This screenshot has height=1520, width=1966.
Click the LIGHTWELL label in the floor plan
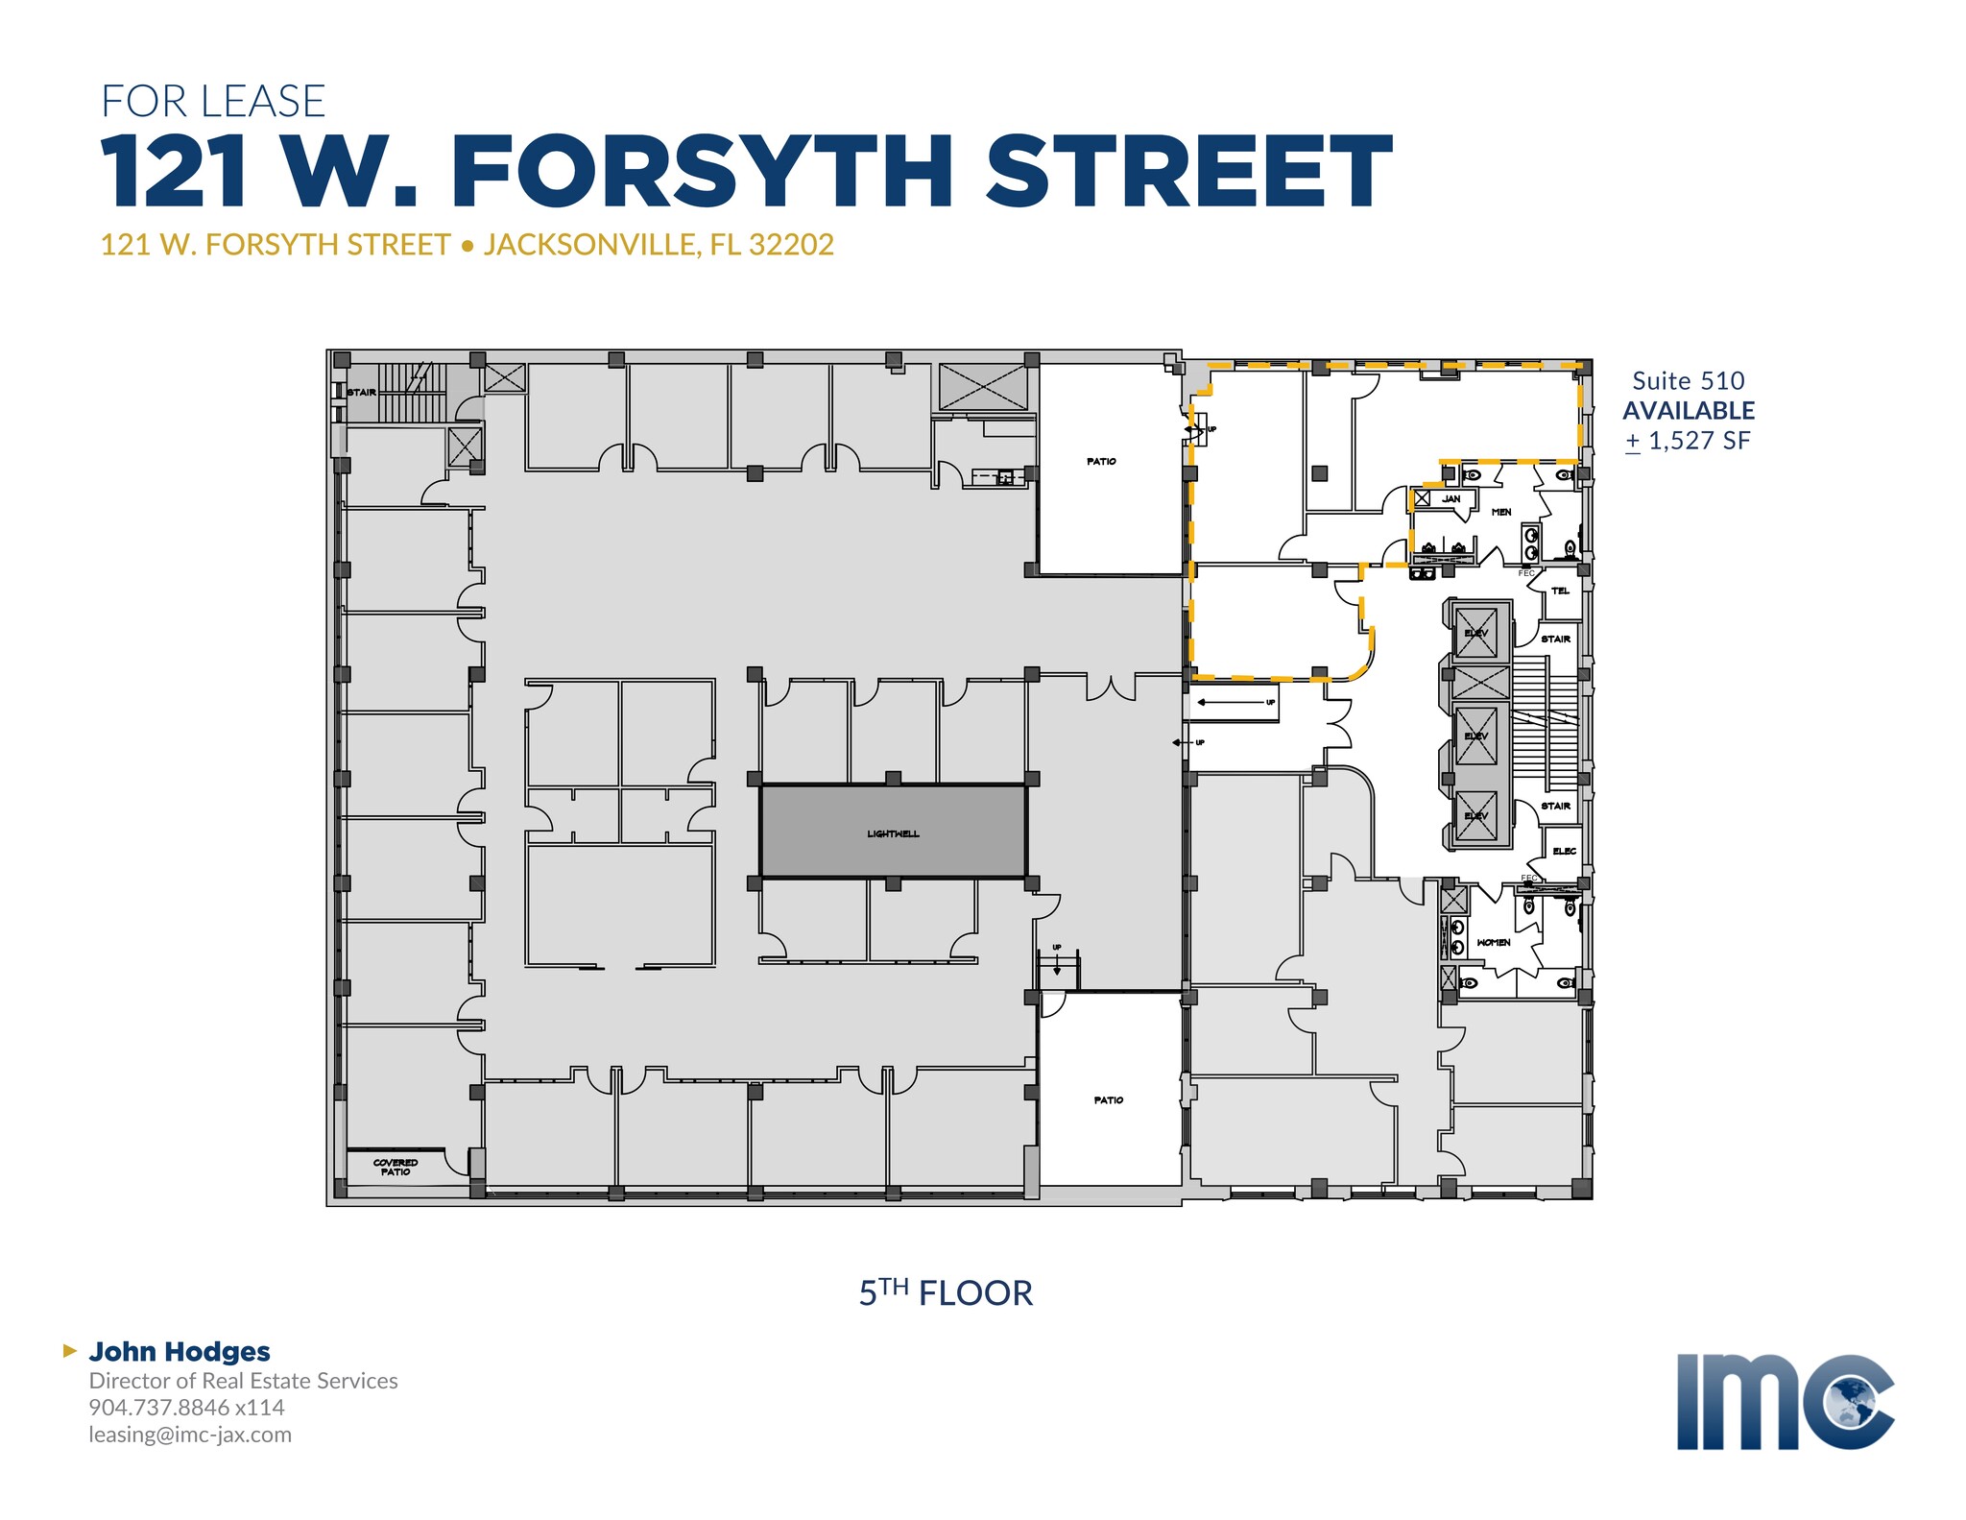coord(893,833)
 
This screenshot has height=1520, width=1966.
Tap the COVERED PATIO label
coord(396,1167)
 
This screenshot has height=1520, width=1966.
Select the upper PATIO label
coord(1101,462)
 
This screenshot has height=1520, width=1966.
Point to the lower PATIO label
coord(1108,1099)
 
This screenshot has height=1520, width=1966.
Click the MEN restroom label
coord(1501,512)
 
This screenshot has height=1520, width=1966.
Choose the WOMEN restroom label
coord(1493,942)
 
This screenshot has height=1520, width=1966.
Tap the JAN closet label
coord(1451,498)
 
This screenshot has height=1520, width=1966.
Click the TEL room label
coord(1560,591)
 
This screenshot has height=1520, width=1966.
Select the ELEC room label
coord(1564,851)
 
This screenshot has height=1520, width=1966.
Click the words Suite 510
coord(1689,380)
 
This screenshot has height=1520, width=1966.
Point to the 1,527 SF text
coord(1699,441)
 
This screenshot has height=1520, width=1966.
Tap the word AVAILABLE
coord(1689,410)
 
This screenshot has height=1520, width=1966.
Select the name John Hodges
coord(180,1351)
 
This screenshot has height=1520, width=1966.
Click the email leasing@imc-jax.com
coord(190,1435)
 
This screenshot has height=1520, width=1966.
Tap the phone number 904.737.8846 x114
coord(187,1408)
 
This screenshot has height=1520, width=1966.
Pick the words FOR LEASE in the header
coord(213,102)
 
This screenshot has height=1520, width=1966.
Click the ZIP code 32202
coord(791,245)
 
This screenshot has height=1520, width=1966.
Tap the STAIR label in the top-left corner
coord(362,392)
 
